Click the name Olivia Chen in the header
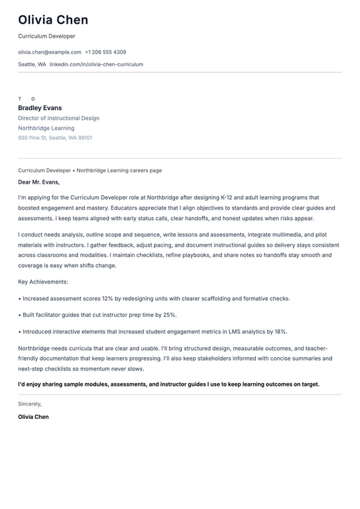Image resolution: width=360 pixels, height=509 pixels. (53, 20)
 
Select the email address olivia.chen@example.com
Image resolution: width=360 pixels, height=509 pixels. (50, 52)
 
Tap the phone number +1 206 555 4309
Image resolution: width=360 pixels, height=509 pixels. (105, 52)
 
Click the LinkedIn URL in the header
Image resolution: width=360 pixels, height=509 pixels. (96, 64)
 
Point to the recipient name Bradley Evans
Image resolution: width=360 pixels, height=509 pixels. (40, 108)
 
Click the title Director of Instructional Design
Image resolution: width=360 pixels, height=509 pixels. (58, 118)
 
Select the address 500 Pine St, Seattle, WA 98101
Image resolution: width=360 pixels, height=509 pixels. (55, 138)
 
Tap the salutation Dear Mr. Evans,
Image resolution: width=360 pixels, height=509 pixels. (38, 182)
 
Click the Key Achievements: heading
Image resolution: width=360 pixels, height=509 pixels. (43, 282)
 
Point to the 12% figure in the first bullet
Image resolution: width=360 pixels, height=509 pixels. (108, 298)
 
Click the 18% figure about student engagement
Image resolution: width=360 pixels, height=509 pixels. (280, 331)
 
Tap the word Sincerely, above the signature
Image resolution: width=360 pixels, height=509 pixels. (30, 404)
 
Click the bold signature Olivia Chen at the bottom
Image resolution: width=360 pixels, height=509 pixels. (33, 417)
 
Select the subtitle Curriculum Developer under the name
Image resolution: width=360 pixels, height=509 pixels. (46, 36)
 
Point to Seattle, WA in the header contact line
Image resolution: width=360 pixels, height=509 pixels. (32, 64)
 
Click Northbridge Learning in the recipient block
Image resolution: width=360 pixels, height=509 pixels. (46, 128)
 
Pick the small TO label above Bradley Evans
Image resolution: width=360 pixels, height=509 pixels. (26, 99)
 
